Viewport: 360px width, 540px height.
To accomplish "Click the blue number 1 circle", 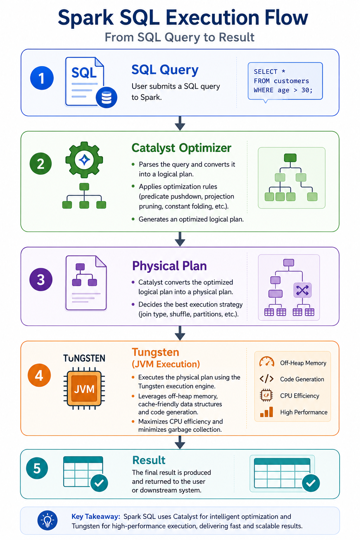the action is [42, 78].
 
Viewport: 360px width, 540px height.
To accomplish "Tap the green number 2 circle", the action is [40, 163].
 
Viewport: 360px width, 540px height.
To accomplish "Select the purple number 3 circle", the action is [41, 279].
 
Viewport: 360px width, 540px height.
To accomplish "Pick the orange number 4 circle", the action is [39, 375].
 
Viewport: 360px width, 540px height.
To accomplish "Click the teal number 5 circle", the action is [37, 468].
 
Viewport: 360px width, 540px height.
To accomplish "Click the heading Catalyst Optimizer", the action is [181, 148].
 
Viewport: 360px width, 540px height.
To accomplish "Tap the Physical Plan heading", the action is [169, 266].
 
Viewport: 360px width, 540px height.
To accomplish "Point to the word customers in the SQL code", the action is [291, 81].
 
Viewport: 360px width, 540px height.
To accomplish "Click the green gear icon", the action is [84, 160].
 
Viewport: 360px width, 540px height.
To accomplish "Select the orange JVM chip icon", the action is [84, 388].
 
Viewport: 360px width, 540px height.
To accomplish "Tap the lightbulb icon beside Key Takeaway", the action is [47, 520].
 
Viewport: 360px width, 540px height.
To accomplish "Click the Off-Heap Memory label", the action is [303, 363].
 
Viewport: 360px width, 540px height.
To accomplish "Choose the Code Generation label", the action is [302, 379].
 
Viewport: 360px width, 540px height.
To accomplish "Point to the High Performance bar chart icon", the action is [266, 412].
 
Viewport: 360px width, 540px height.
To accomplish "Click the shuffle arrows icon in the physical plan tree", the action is [302, 290].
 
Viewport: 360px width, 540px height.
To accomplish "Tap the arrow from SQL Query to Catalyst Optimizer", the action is [180, 123].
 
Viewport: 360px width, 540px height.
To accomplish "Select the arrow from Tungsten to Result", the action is [180, 442].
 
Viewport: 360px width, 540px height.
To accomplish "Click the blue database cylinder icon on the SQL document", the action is [106, 97].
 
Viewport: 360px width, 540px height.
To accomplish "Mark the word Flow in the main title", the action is [286, 18].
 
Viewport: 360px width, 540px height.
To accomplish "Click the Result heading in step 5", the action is [149, 460].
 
